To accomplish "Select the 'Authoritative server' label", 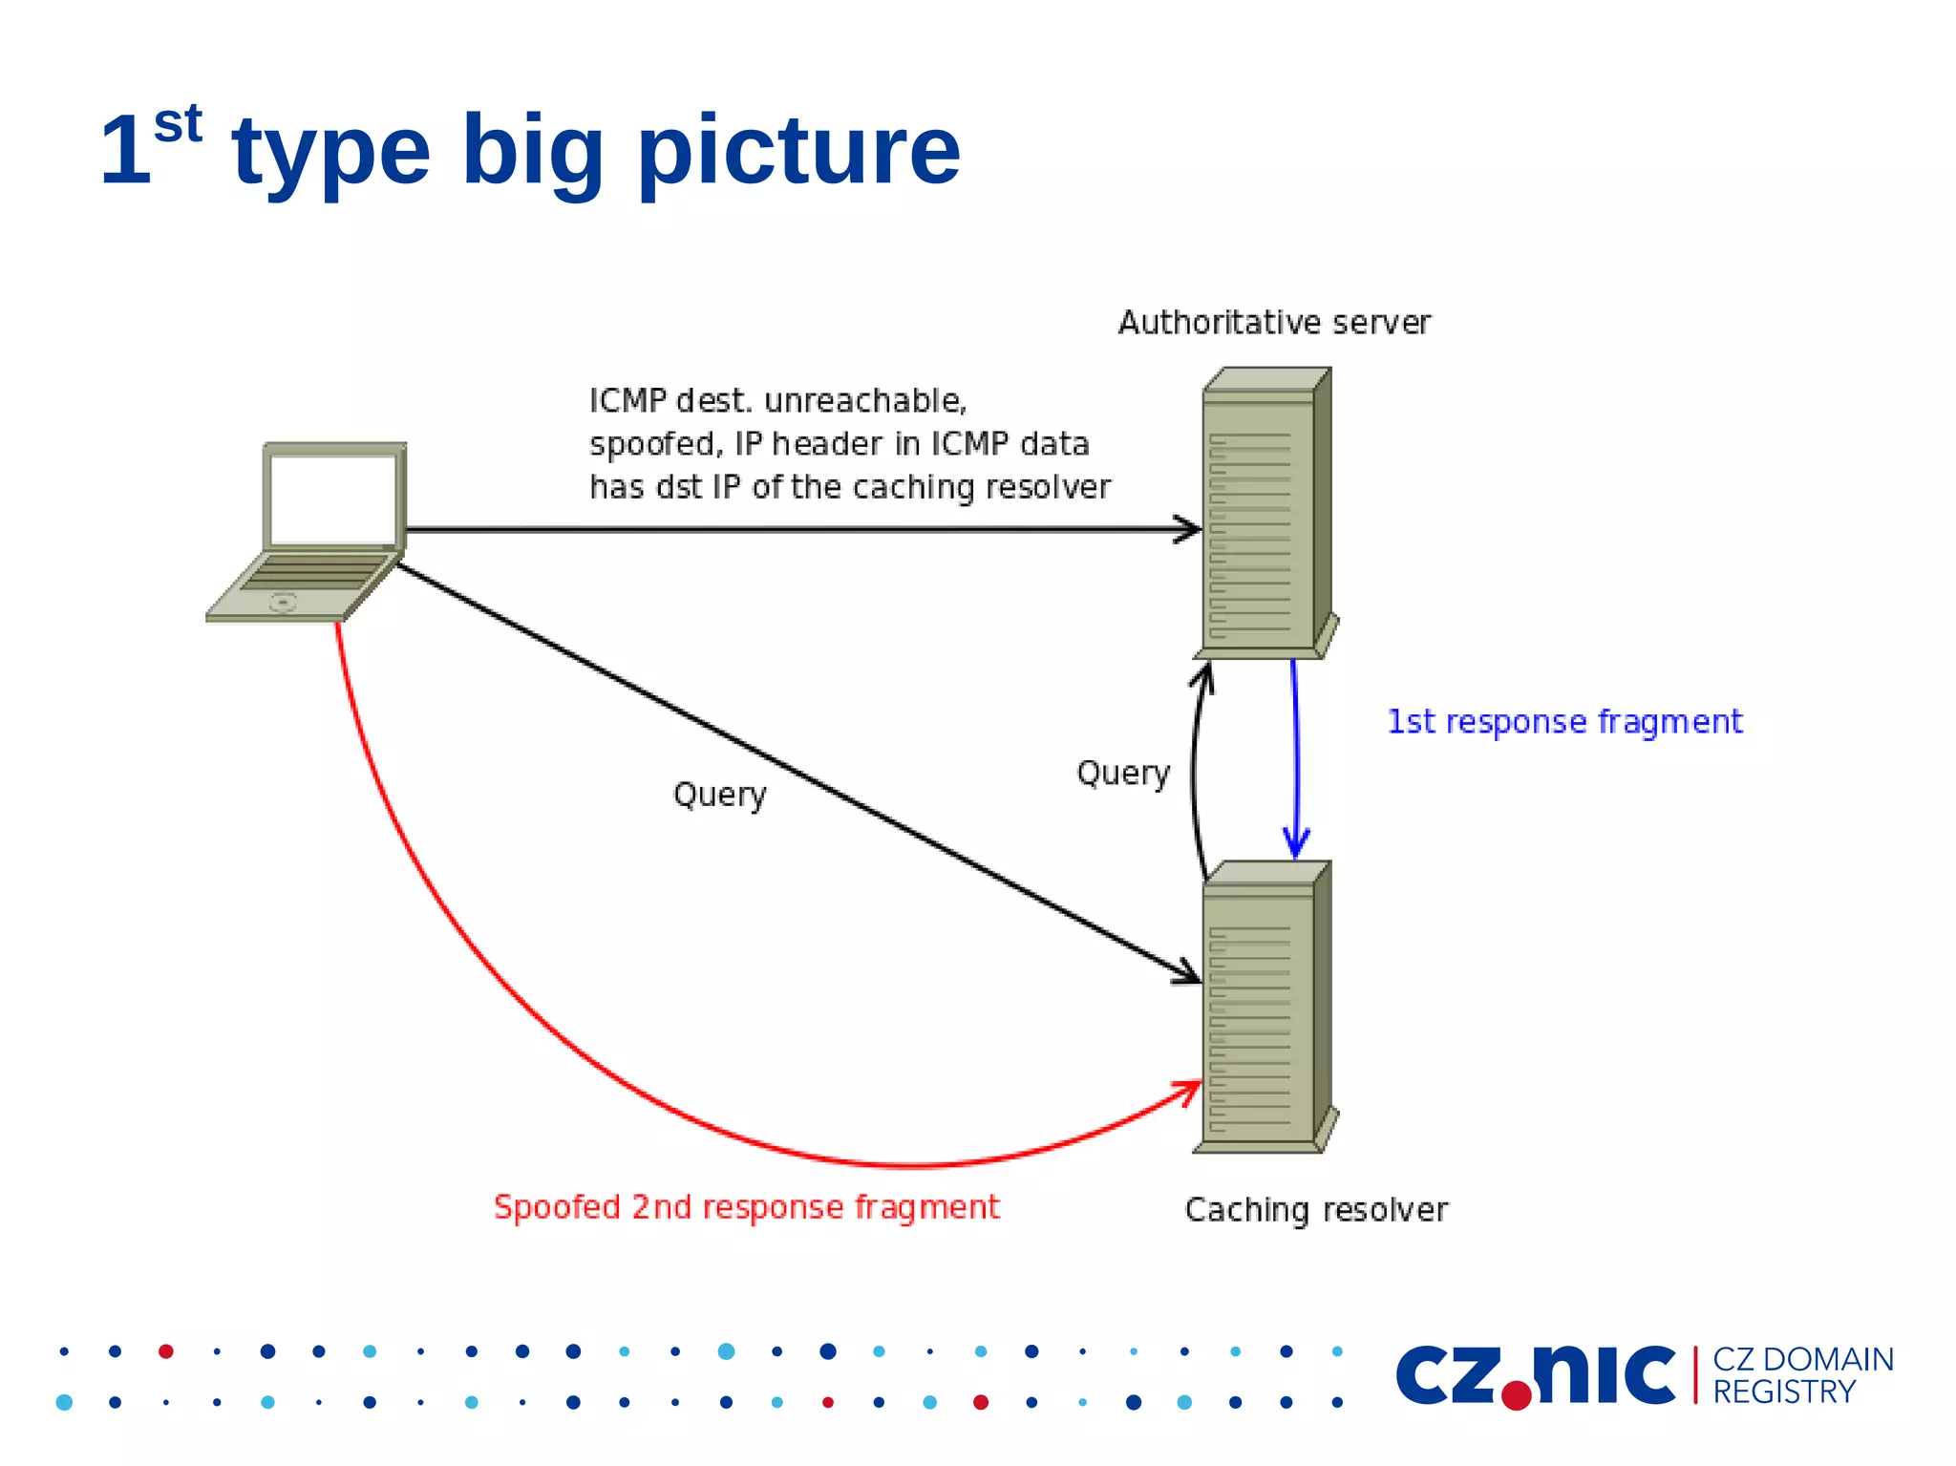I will coord(1274,323).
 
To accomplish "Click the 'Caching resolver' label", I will coord(1316,1210).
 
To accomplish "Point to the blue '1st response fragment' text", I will coord(1564,722).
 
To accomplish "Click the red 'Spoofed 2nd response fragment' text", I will coord(746,1207).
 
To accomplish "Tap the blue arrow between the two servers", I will coord(1295,754).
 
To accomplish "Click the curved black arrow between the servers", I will coord(1194,774).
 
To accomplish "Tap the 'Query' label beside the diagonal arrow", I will coord(719,795).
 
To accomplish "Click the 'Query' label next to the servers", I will coord(1123,773).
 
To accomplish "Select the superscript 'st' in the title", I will coord(179,124).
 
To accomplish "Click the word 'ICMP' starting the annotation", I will coord(627,401).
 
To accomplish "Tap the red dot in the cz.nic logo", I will coord(1516,1394).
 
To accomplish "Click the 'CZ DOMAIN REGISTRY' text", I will coord(1801,1375).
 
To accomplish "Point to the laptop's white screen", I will coord(332,499).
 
